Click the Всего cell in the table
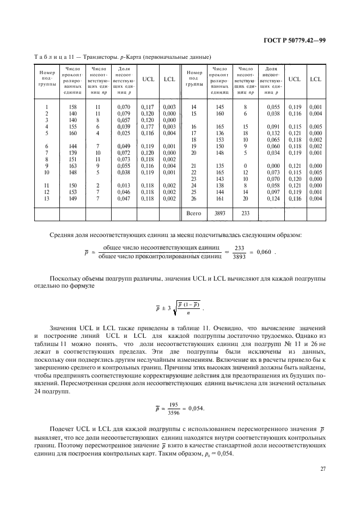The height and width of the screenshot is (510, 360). tap(194, 214)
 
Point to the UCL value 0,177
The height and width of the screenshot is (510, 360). tap(147, 126)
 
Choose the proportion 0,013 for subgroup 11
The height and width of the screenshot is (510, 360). tap(124, 185)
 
